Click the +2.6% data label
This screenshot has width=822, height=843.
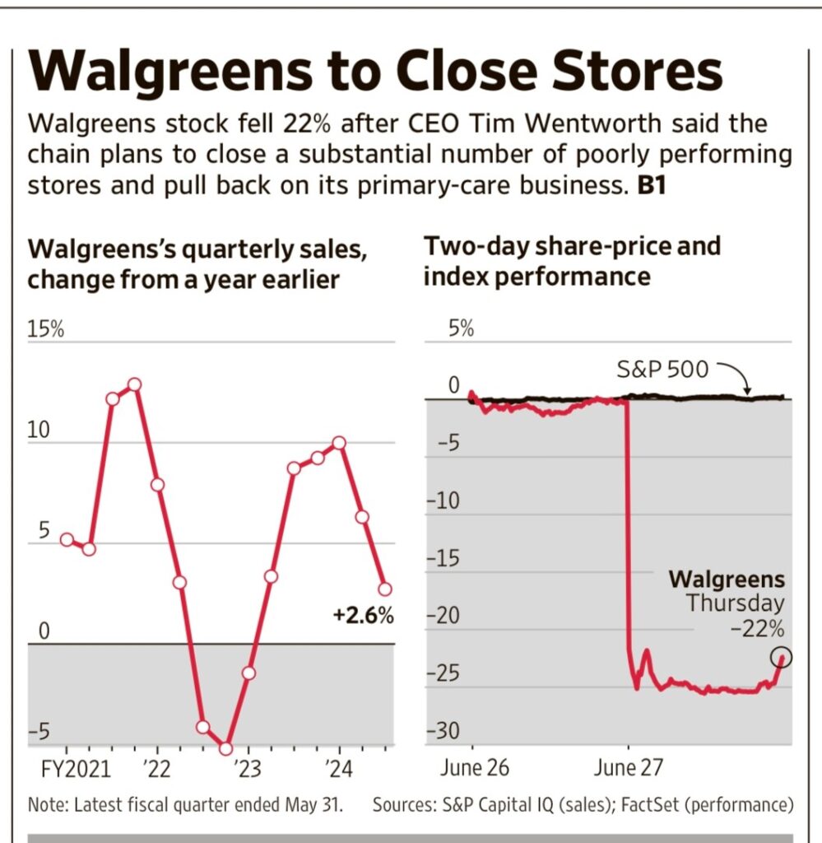tap(363, 615)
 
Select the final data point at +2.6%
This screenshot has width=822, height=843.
tap(384, 589)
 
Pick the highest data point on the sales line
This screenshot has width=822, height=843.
tap(134, 384)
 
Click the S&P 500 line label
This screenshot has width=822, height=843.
tap(662, 370)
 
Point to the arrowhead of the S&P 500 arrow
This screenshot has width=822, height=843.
tap(747, 393)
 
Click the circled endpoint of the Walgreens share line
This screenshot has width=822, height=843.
tap(782, 657)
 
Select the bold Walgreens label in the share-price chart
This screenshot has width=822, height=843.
tap(727, 579)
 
